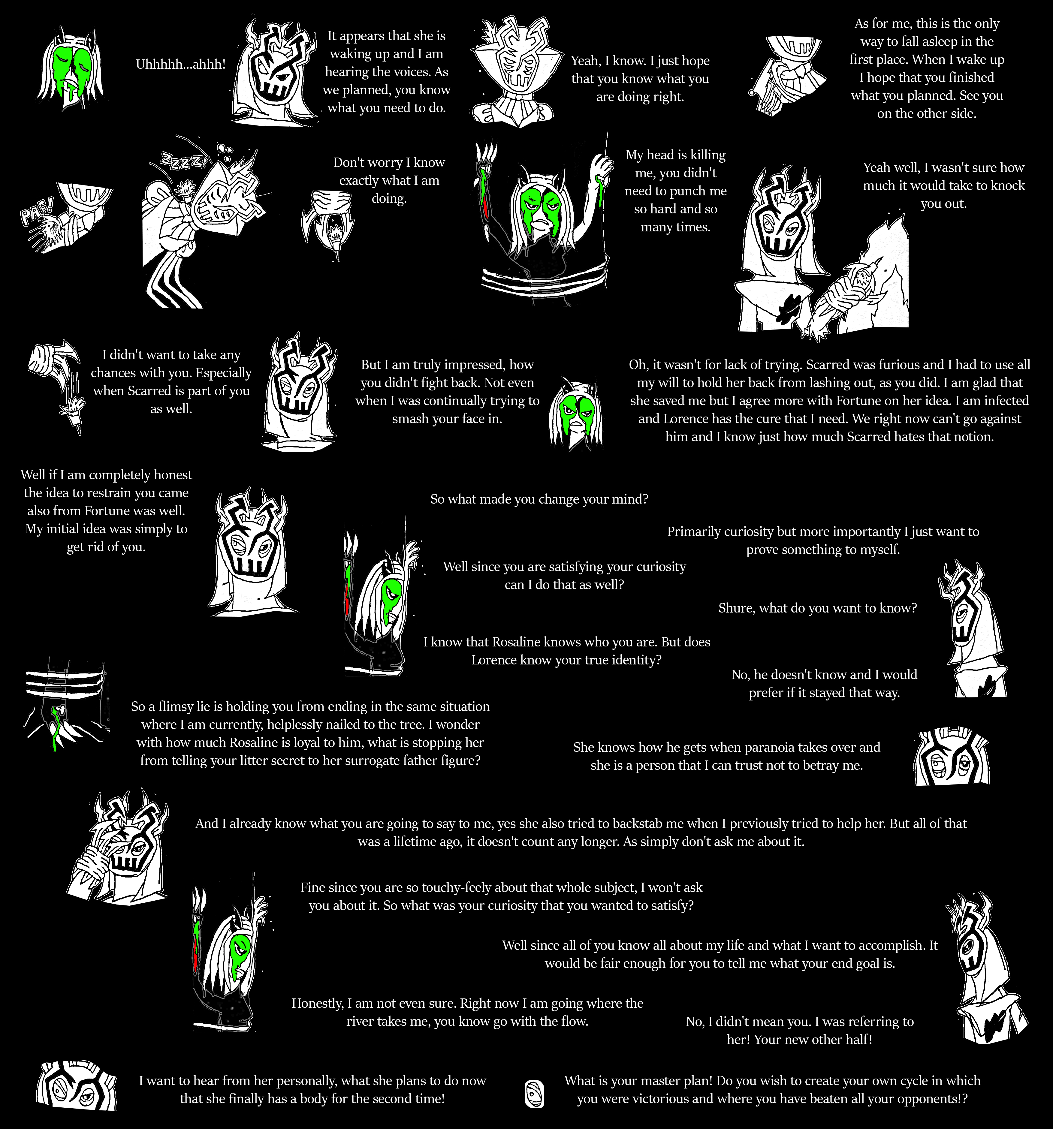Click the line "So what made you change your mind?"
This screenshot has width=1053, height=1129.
click(539, 499)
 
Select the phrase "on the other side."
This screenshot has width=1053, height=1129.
click(926, 113)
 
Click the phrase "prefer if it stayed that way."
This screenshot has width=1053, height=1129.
click(824, 693)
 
